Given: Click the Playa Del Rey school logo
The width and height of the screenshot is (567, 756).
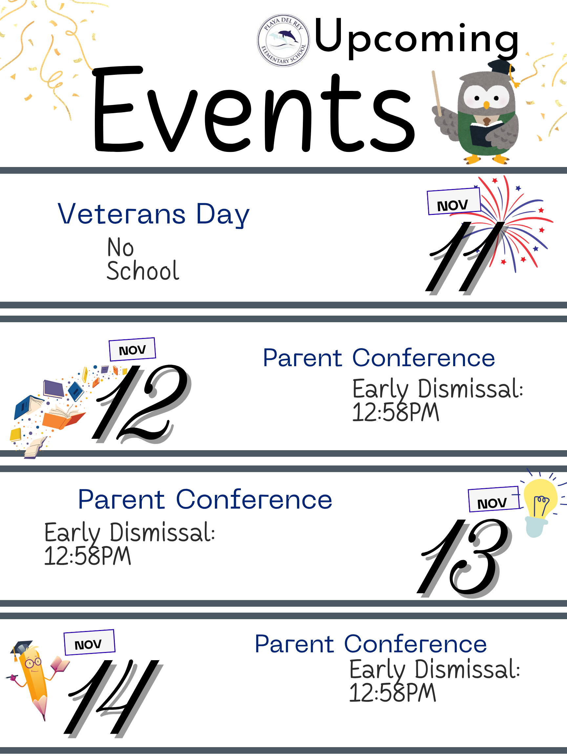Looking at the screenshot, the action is (x=283, y=40).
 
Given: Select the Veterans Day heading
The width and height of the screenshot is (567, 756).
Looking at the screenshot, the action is (x=154, y=214).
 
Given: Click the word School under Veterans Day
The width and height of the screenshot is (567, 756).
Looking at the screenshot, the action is (x=143, y=271).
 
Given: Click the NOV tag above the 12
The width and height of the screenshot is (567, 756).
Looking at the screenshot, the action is (x=132, y=349).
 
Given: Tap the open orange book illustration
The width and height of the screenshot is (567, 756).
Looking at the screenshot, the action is (x=64, y=417).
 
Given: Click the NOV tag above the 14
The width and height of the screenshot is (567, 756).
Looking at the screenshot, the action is (x=89, y=642).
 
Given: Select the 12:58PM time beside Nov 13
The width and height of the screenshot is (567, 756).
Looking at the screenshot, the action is (x=88, y=556).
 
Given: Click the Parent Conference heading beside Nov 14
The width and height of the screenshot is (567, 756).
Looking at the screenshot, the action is (x=371, y=644).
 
